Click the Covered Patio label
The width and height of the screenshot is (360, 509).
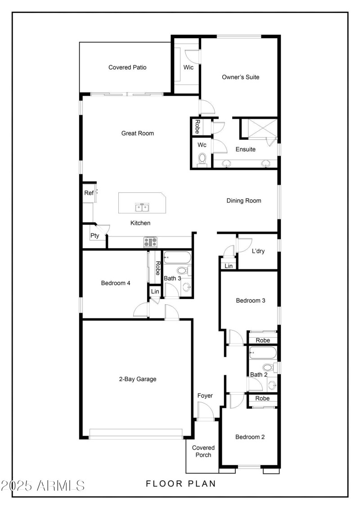coord(127,67)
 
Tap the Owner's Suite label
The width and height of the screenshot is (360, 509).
coord(241,77)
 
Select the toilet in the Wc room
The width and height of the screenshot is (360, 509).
coord(202,159)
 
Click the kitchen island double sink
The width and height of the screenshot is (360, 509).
coord(143,208)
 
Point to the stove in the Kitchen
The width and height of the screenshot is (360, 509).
coord(150,242)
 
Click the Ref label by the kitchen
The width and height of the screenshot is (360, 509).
coord(88,193)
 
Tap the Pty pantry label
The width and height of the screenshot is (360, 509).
coord(94,236)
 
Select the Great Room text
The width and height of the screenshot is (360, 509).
coord(138,133)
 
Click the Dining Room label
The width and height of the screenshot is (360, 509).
coord(243,201)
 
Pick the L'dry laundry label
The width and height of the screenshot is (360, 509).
coord(258,251)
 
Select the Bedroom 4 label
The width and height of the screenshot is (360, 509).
coord(116,283)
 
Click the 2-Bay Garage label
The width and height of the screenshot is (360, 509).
coord(138,379)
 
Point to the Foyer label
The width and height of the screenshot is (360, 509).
coord(205,396)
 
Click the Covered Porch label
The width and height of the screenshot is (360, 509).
coord(203,451)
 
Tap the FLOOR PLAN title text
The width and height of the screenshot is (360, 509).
coord(181,484)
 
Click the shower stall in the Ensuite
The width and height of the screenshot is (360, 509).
coord(259,128)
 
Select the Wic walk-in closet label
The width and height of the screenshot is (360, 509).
coord(188,67)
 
